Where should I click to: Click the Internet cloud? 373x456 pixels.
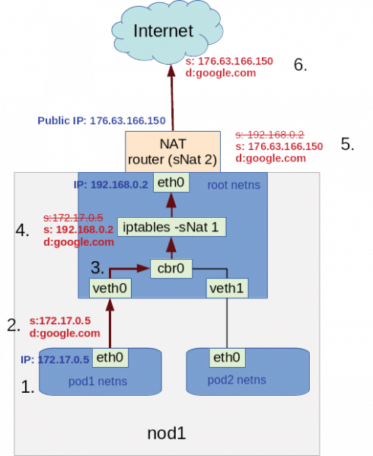167,31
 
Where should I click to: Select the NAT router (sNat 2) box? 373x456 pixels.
173,151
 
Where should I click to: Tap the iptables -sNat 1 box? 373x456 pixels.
171,227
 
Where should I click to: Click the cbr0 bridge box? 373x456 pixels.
171,269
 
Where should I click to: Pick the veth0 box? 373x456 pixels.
110,289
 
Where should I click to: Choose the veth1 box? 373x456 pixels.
227,289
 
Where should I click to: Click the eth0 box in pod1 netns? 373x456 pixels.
110,357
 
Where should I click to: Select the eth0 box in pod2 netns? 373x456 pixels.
227,357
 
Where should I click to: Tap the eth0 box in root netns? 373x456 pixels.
171,183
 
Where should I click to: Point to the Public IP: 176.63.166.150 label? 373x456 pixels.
101,121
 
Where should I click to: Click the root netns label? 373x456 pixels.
234,185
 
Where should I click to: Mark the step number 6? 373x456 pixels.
301,65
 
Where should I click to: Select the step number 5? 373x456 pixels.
347,144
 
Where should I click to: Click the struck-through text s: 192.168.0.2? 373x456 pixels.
269,135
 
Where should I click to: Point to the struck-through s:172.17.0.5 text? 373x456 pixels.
73,218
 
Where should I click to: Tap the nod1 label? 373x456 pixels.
167,433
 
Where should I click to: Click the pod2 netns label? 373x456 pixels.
237,380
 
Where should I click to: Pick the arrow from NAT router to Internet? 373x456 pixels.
172,97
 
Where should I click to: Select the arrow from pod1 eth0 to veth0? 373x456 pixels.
110,323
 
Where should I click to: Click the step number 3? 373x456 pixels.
97,267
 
